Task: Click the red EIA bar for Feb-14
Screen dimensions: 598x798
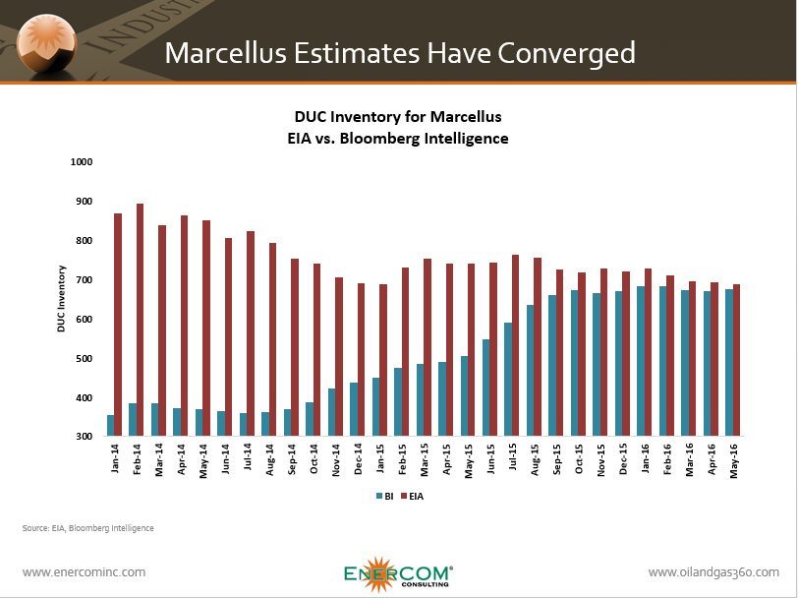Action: click(x=141, y=320)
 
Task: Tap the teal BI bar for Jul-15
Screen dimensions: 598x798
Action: click(x=508, y=379)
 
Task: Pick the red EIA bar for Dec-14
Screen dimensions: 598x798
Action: click(x=361, y=360)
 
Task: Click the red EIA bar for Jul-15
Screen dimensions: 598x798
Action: click(x=516, y=345)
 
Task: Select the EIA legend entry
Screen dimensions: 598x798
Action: click(x=417, y=496)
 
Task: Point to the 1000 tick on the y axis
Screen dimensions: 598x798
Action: click(x=80, y=161)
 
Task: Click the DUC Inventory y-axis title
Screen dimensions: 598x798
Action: click(x=60, y=299)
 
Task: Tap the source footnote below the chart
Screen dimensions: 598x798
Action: click(x=87, y=528)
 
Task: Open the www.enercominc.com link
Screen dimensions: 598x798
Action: click(x=84, y=571)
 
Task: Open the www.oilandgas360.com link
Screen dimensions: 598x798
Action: click(x=713, y=571)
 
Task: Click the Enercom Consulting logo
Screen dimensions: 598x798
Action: click(x=398, y=574)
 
